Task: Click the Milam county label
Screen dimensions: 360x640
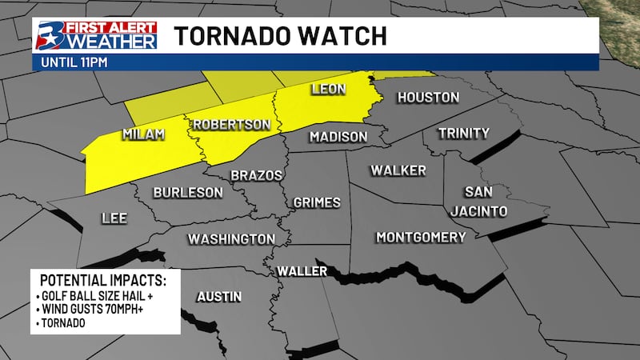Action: (144, 134)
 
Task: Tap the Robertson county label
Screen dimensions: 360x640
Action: (231, 125)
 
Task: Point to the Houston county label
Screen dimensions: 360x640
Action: (429, 98)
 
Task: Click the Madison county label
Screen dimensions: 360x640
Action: (338, 137)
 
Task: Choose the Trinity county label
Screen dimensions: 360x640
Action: (463, 133)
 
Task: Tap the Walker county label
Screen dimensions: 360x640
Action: (398, 170)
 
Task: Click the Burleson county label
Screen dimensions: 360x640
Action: (187, 192)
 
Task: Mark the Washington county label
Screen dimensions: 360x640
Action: (231, 239)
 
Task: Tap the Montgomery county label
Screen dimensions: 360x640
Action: (421, 238)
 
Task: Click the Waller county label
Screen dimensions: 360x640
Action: (302, 272)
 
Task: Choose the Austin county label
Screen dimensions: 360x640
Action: (219, 297)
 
